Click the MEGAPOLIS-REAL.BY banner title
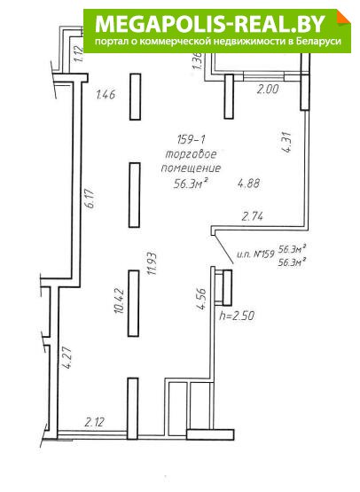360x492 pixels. pyautogui.click(x=210, y=24)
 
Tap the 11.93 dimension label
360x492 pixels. pyautogui.click(x=153, y=263)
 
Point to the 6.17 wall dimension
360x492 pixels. pyautogui.click(x=90, y=199)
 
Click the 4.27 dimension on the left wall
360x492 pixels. pyautogui.click(x=67, y=357)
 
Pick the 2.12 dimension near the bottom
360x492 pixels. pyautogui.click(x=94, y=422)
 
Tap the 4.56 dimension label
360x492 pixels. pyautogui.click(x=201, y=299)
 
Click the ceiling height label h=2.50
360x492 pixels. pyautogui.click(x=237, y=315)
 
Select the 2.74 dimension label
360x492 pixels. pyautogui.click(x=252, y=216)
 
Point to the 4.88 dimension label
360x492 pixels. pyautogui.click(x=248, y=184)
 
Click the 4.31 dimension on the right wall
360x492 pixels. pyautogui.click(x=287, y=142)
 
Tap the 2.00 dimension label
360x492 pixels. pyautogui.click(x=268, y=90)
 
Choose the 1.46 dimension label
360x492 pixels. pyautogui.click(x=106, y=94)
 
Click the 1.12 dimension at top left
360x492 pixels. pyautogui.click(x=80, y=54)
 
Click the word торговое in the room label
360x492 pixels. pyautogui.click(x=192, y=154)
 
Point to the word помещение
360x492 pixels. pyautogui.click(x=191, y=168)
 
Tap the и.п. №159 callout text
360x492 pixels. pyautogui.click(x=255, y=254)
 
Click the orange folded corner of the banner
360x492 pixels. pyautogui.click(x=344, y=16)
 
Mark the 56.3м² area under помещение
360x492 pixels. pyautogui.click(x=192, y=184)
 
